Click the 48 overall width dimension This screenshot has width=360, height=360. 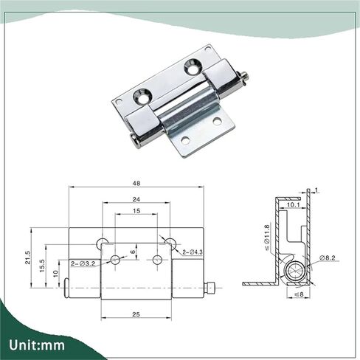[136, 183]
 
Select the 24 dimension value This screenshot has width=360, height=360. [136, 199]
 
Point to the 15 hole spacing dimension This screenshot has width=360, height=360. [136, 211]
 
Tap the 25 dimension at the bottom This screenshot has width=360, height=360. [136, 314]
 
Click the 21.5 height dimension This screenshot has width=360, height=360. [27, 257]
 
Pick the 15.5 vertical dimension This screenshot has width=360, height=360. [42, 266]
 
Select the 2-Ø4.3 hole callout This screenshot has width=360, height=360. [193, 252]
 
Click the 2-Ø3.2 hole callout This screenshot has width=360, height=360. [83, 264]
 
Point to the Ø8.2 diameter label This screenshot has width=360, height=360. [328, 257]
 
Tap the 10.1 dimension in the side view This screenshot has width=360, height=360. [293, 204]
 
